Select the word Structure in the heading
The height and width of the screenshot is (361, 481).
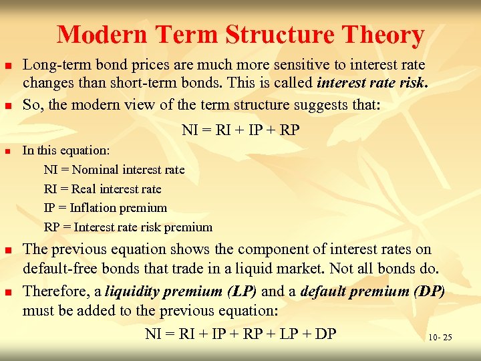click(289, 34)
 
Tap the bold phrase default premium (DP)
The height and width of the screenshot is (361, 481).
click(372, 292)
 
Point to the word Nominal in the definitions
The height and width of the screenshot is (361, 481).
click(95, 170)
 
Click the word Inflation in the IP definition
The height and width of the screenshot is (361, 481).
click(92, 208)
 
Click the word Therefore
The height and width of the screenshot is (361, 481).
click(54, 292)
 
